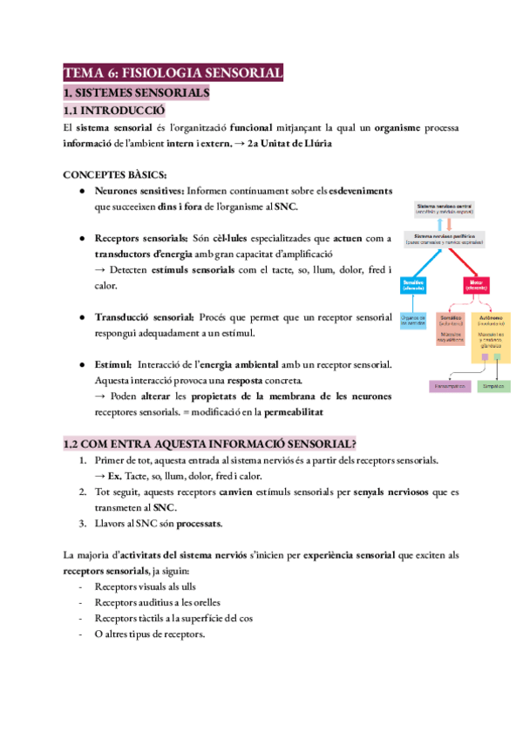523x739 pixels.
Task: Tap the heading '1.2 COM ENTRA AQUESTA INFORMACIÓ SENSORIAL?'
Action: click(211, 444)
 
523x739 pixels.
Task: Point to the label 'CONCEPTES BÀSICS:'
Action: click(110, 173)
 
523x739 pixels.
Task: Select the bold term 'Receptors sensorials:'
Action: click(141, 237)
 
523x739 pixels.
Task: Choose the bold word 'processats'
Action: click(197, 524)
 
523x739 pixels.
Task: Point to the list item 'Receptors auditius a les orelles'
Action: click(158, 601)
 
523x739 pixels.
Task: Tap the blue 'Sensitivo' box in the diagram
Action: click(413, 285)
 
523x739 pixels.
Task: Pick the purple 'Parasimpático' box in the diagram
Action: click(451, 385)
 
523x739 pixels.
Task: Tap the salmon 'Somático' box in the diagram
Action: click(450, 327)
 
